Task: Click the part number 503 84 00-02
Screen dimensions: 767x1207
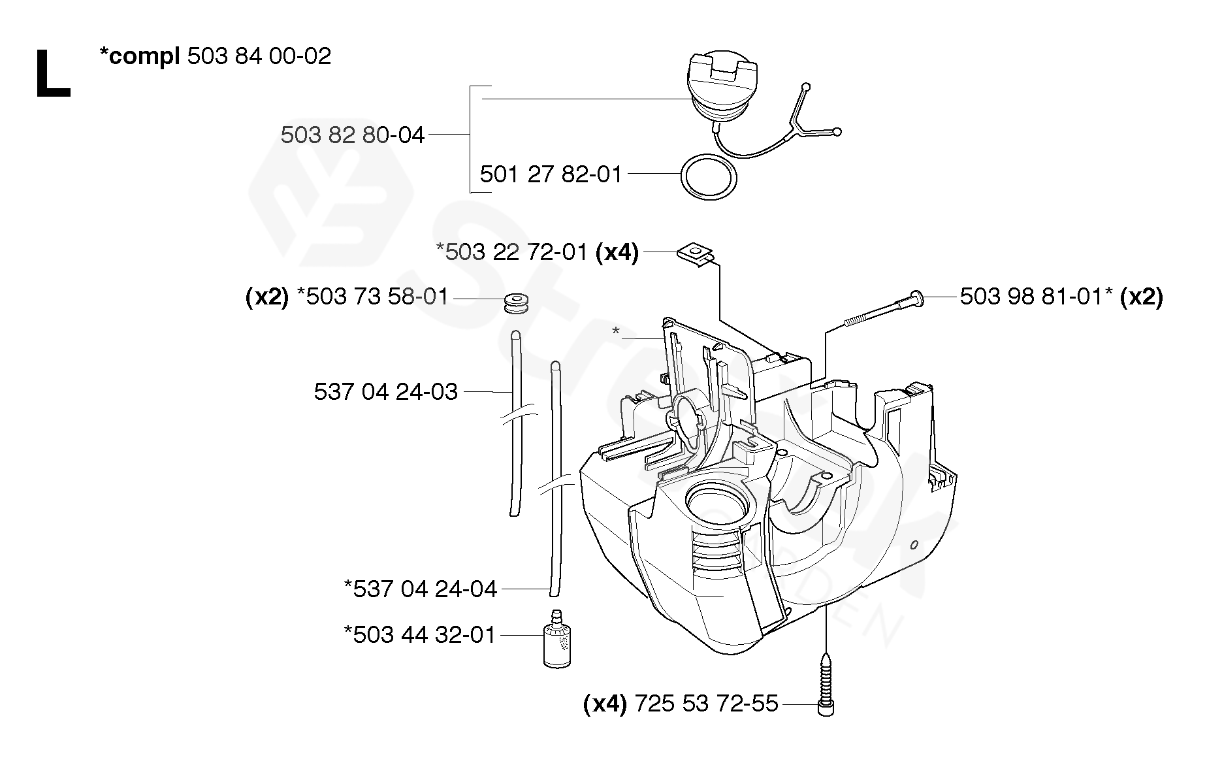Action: [259, 56]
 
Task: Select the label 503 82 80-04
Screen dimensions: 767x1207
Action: [353, 135]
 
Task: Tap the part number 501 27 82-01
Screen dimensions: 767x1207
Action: [551, 174]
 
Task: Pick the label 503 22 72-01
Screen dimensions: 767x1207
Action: [516, 252]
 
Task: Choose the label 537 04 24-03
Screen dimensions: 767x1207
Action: [385, 392]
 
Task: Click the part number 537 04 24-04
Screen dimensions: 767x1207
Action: [425, 589]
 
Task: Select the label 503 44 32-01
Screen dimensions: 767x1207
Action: [425, 635]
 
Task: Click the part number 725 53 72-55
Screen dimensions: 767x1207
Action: [706, 704]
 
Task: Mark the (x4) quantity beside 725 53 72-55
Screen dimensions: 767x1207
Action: [605, 704]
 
